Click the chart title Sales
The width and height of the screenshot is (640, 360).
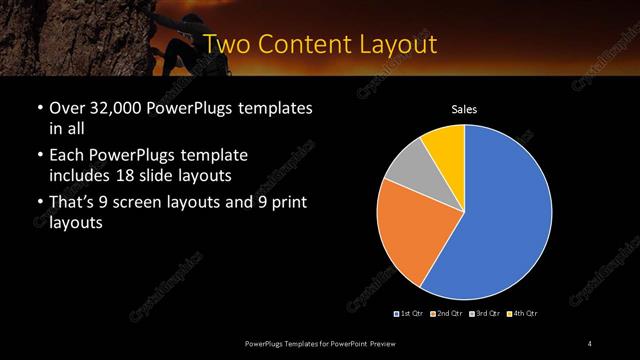pyautogui.click(x=465, y=108)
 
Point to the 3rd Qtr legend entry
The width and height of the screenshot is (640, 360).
pyautogui.click(x=485, y=314)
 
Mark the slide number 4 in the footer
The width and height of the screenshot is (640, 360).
pyautogui.click(x=589, y=344)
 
